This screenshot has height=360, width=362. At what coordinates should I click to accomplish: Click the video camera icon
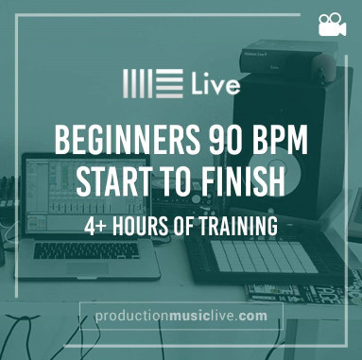(x=332, y=25)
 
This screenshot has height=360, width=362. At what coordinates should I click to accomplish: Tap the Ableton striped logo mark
(x=153, y=83)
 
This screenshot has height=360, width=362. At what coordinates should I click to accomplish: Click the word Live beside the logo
(x=215, y=84)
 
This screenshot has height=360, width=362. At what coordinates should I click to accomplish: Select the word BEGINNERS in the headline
(x=128, y=139)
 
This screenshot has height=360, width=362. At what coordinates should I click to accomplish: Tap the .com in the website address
(x=252, y=317)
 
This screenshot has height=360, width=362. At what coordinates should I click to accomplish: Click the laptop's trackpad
(x=87, y=267)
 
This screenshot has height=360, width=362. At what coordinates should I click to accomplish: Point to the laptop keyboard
(x=86, y=250)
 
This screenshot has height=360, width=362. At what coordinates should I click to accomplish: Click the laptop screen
(x=85, y=195)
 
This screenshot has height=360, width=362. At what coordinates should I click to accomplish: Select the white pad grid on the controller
(x=264, y=257)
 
